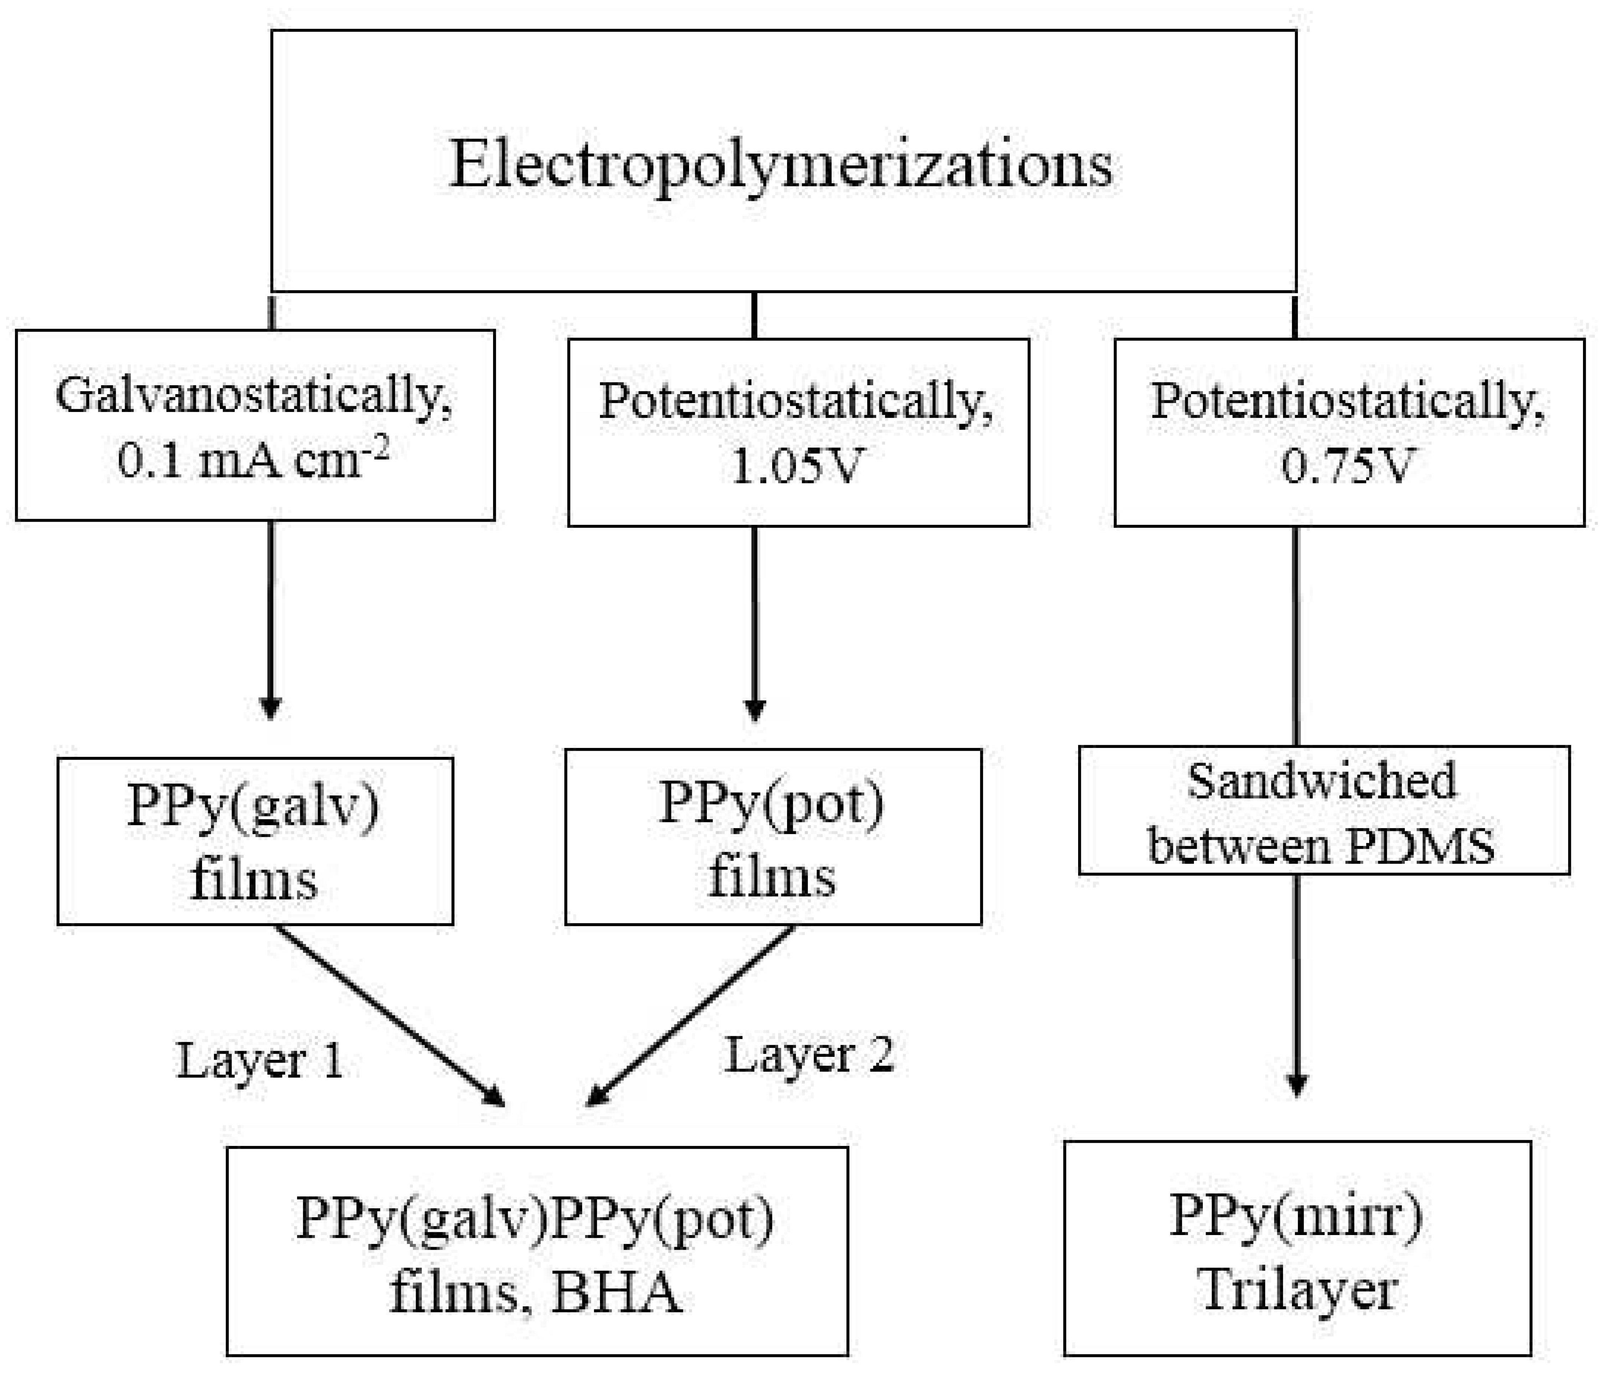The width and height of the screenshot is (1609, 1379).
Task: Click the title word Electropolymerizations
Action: click(780, 165)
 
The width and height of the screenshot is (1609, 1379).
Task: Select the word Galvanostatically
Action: click(253, 396)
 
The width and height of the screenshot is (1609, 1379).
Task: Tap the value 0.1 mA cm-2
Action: click(253, 460)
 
